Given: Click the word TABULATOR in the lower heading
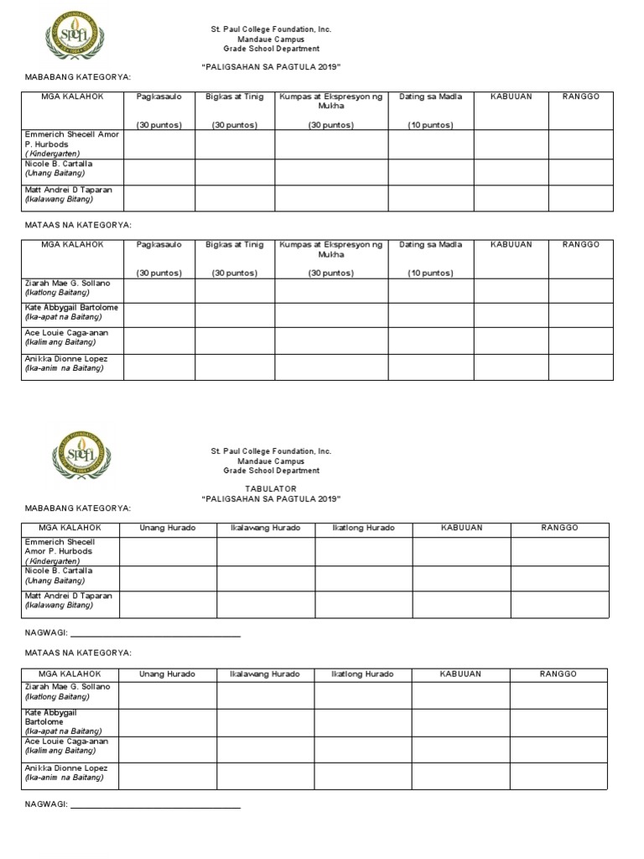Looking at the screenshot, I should coord(271,488).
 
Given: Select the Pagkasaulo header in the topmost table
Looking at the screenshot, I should coord(159,96).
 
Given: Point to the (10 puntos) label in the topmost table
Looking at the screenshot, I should coord(430,125).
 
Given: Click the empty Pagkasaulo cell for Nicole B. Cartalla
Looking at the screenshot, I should coord(159,172).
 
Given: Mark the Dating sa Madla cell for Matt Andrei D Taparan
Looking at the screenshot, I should coord(430,198).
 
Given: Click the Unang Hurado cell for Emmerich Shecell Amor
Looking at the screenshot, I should coord(168,551).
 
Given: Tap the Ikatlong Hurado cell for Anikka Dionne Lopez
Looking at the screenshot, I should coord(363,776).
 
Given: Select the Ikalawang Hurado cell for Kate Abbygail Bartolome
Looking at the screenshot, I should coord(266,721).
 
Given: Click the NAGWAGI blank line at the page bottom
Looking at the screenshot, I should coord(156,807).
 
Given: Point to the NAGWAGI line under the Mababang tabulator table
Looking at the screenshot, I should coord(156,636).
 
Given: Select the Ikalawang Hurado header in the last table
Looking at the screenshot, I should coord(266,674).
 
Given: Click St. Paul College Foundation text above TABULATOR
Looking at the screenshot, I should coord(271,451).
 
